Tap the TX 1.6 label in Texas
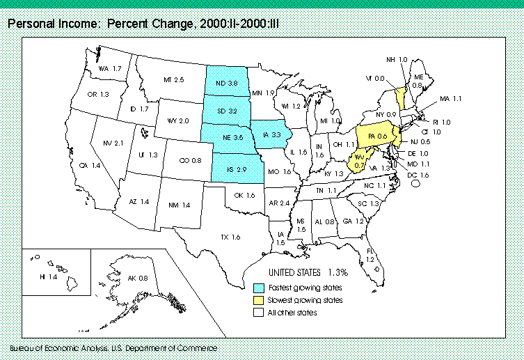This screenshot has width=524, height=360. tap(230, 237)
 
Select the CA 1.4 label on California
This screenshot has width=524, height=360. tap(90, 166)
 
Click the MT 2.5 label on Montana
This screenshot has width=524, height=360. tap(173, 81)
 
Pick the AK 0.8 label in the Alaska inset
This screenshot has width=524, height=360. tap(137, 279)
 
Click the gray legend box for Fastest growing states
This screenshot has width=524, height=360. tap(259, 288)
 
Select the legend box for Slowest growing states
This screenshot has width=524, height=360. tap(259, 300)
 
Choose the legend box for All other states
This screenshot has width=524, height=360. tap(259, 313)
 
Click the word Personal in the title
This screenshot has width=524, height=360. tap(28, 24)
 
